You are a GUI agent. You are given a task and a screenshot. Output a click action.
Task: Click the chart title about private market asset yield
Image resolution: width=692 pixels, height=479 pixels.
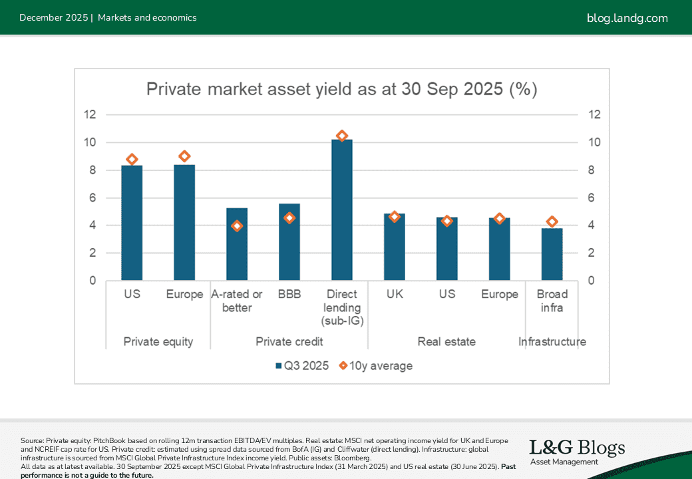[341, 90]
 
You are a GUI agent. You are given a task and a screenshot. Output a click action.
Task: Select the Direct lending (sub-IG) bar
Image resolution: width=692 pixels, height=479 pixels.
[342, 210]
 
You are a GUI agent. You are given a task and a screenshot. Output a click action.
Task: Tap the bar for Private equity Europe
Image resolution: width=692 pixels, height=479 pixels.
[184, 223]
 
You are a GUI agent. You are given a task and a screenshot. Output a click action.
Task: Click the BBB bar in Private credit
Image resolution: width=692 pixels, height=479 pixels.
[289, 242]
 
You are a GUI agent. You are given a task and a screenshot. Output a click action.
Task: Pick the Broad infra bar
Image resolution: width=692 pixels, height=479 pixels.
[552, 254]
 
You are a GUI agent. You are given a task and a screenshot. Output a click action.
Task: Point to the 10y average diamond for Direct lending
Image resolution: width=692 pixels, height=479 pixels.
[342, 136]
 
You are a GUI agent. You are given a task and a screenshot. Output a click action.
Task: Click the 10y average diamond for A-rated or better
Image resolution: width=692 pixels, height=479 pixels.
[237, 226]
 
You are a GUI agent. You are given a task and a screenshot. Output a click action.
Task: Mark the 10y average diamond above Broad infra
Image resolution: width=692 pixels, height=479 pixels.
[552, 222]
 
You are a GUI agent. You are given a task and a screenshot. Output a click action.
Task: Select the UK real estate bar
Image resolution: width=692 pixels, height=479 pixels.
[395, 247]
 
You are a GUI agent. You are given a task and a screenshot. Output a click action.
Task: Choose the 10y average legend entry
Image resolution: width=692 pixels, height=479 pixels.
[376, 365]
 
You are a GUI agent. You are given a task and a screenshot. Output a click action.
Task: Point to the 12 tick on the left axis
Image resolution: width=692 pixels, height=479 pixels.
[90, 114]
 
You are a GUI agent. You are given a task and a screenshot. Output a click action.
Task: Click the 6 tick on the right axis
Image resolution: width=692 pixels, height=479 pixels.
[594, 198]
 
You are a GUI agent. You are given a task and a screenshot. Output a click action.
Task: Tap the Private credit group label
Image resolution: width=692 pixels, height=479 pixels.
[289, 341]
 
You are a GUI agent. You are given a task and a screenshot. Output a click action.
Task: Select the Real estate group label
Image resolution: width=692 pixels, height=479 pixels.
[446, 341]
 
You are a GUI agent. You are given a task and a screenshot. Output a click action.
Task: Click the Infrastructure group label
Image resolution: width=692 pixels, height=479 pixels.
[552, 341]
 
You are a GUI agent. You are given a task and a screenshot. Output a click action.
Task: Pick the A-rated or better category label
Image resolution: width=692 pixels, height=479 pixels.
[237, 301]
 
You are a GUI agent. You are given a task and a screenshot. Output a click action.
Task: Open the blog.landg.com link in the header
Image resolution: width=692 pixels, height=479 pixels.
[627, 18]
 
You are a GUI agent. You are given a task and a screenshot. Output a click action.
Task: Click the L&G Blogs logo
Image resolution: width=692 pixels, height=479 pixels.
[577, 452]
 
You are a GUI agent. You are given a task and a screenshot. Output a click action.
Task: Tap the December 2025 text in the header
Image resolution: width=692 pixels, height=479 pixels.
[53, 18]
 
